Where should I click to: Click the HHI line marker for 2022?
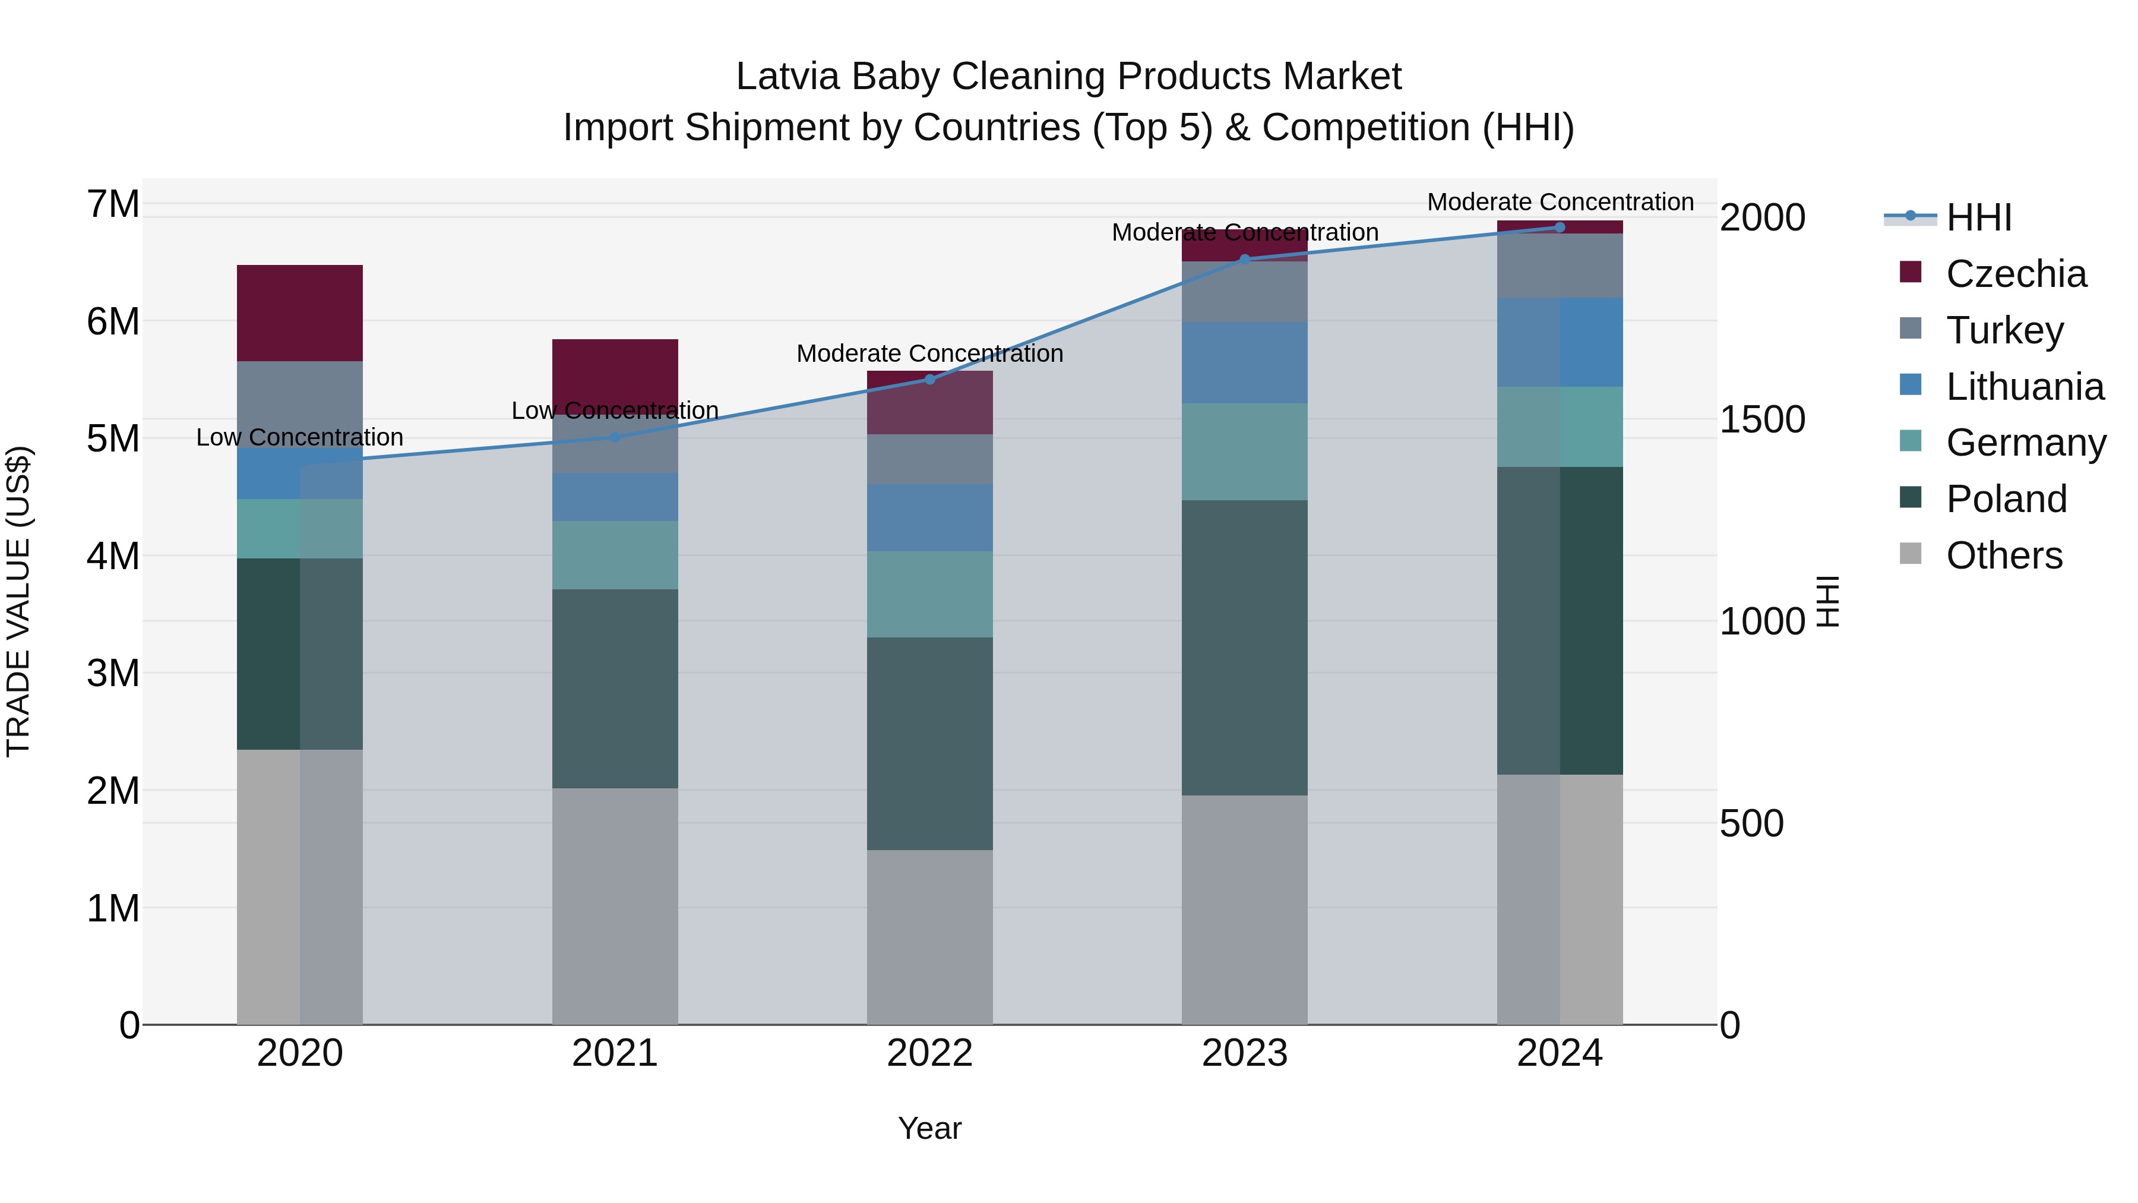[929, 380]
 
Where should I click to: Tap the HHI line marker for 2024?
[1560, 228]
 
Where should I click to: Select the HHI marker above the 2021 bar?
[615, 437]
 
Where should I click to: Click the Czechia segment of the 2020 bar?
[300, 313]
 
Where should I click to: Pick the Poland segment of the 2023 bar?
[1244, 648]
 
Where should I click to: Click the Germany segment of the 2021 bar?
[615, 555]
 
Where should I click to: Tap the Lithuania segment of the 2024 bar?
[1560, 342]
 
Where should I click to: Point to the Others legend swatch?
[1911, 554]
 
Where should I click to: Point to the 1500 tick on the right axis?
[1762, 419]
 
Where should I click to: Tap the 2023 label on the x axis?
[1244, 1053]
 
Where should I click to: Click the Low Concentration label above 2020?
[300, 437]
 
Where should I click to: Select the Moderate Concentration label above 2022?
[929, 353]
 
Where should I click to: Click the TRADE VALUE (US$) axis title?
[18, 601]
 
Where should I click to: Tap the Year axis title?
[929, 1128]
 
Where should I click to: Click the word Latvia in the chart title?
[787, 77]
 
